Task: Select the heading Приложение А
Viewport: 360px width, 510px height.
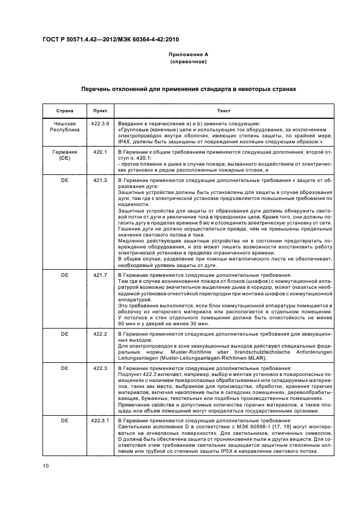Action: pos(188,54)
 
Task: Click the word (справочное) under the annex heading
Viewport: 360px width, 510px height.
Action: pos(188,62)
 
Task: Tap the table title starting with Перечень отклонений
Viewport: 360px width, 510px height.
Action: pos(188,88)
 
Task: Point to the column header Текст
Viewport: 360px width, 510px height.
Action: pos(224,110)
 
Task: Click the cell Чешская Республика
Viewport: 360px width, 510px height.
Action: pos(65,127)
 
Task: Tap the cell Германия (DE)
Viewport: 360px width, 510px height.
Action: pos(65,155)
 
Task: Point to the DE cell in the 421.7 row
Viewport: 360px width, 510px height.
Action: pos(65,275)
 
